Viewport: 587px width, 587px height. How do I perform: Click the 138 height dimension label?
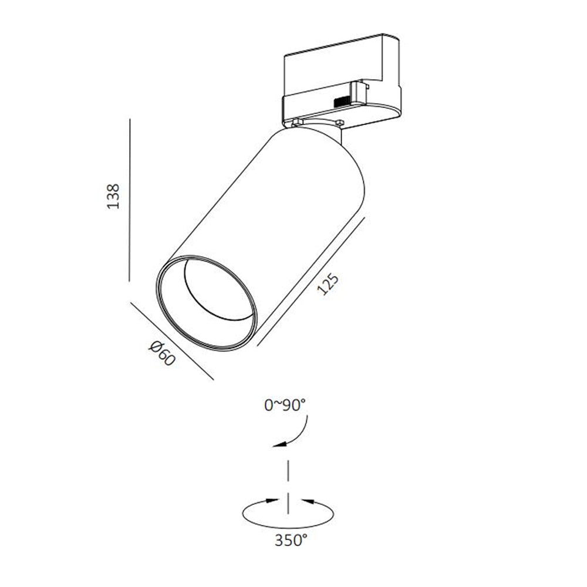(113, 196)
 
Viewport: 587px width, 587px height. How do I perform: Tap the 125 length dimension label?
(328, 285)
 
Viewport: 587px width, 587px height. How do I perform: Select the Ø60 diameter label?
(162, 354)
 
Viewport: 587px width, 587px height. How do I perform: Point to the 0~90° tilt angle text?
(285, 405)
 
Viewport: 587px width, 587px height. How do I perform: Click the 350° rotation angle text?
(291, 540)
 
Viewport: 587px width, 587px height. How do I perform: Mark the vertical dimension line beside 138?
(130, 200)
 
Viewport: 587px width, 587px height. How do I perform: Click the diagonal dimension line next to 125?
(311, 282)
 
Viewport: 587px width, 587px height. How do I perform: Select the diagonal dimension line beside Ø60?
(172, 341)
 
